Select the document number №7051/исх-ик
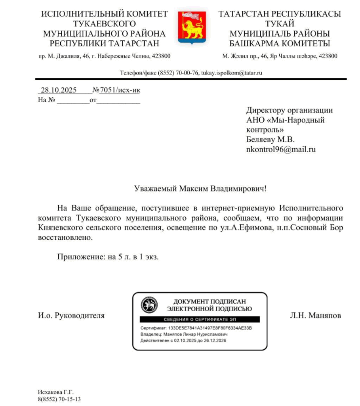[116, 90]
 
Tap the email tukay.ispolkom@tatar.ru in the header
[232, 73]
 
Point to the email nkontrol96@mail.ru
[281, 149]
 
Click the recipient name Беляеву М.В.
[270, 140]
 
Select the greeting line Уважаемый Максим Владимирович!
[200, 188]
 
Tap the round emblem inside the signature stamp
[149, 306]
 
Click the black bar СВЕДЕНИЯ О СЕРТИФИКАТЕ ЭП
[199, 319]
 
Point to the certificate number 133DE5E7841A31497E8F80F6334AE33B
[210, 329]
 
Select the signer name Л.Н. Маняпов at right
[316, 316]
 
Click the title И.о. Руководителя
[71, 316]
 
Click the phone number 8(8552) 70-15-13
[59, 399]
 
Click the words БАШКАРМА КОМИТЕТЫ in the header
[280, 44]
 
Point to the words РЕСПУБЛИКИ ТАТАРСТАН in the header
[105, 44]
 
